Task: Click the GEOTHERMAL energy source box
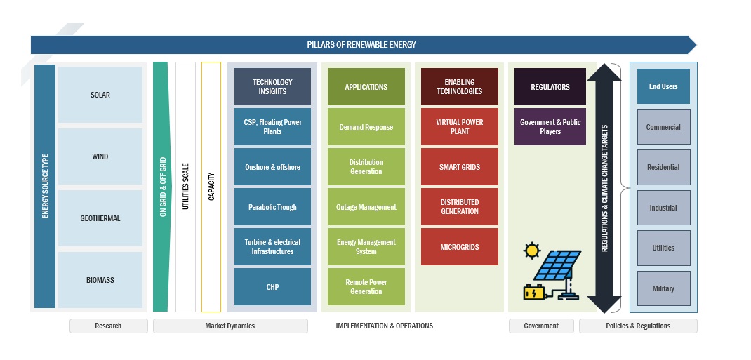(100, 218)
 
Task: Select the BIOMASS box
(100, 280)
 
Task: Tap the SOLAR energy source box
(100, 95)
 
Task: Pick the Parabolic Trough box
(272, 207)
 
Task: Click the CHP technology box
(272, 286)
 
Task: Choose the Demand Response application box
(366, 127)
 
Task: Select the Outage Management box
(366, 207)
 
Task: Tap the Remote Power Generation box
(366, 286)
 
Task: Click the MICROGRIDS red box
(459, 247)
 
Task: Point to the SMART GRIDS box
(459, 167)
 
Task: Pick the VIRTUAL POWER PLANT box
(459, 127)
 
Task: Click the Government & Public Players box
(550, 127)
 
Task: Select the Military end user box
(663, 288)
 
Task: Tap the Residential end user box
(663, 167)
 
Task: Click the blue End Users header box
(663, 86)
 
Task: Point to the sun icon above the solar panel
(532, 250)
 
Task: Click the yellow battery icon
(533, 291)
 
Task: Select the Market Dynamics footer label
(230, 326)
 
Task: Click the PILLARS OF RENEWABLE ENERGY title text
(361, 45)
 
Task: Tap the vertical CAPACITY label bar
(211, 187)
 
